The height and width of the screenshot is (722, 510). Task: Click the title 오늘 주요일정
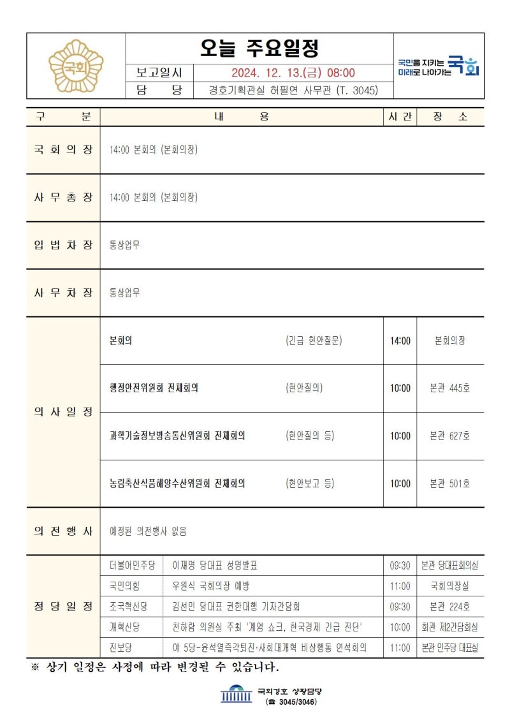259,48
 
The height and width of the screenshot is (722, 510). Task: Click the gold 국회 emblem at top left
76,66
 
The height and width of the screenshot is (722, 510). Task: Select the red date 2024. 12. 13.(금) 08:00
293,73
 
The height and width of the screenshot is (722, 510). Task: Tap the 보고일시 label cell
159,73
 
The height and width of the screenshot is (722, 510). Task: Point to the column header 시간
400,117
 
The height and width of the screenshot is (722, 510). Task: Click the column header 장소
450,117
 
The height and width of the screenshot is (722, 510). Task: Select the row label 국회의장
63,150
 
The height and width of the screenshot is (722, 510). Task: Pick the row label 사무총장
63,198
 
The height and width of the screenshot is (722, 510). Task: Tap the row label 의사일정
63,412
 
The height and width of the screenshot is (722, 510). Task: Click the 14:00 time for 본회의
400,341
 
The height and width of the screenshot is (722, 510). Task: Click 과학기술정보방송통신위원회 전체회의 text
178,436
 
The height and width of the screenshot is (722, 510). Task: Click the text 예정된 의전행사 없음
149,531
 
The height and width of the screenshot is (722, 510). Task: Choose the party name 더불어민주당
133,566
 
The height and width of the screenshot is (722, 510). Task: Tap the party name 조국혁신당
129,607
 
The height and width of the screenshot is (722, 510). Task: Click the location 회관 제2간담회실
449,627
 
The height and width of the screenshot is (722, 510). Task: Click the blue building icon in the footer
236,694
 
